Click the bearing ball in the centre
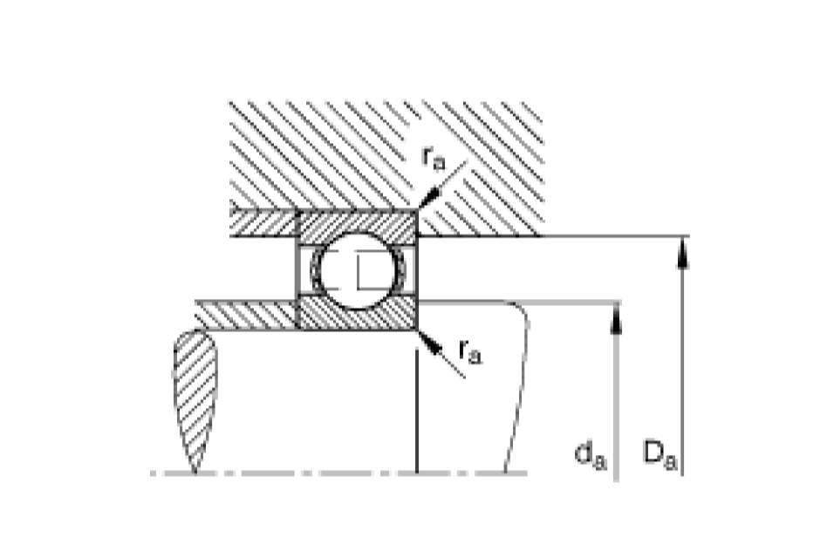[x=358, y=271]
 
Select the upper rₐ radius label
[x=434, y=158]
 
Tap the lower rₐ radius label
[x=470, y=351]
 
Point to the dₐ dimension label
[x=591, y=455]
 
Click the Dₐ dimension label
[x=660, y=454]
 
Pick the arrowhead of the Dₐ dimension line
[x=683, y=253]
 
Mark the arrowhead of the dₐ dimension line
[x=616, y=318]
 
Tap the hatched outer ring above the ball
[x=357, y=222]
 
